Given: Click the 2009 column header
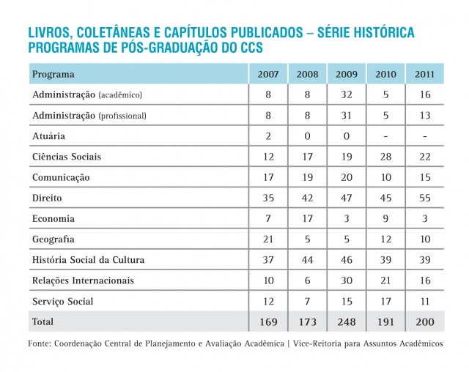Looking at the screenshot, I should coord(346,75).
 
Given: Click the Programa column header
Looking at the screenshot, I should coord(53,75).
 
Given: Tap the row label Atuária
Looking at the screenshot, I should coord(49,136).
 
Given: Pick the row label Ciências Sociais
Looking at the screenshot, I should coord(67,157).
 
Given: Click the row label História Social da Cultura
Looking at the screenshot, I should coord(88,260).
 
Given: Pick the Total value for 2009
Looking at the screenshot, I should coord(346,321).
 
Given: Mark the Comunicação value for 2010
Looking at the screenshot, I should coord(385,177).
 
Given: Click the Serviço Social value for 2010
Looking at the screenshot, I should coord(385,301).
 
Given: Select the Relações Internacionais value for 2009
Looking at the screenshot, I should coord(346,280).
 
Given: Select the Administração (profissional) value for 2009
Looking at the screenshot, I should coord(346,116).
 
